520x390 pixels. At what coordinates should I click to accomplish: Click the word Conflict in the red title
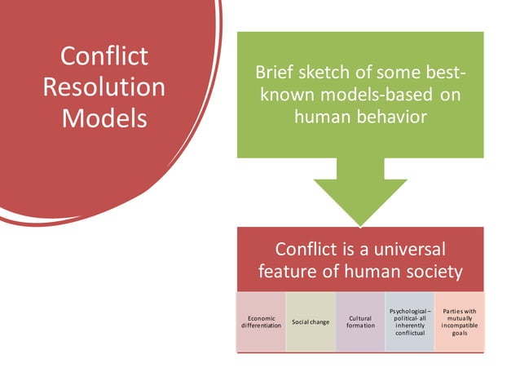pos(104,56)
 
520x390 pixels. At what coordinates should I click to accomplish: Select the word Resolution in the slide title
pos(104,86)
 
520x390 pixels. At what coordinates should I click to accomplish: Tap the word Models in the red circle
pos(104,117)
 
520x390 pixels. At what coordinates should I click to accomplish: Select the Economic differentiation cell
pos(261,321)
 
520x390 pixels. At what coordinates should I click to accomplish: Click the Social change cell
pos(311,321)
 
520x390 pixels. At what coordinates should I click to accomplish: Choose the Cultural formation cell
pos(360,321)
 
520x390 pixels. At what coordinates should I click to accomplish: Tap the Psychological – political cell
pos(409,321)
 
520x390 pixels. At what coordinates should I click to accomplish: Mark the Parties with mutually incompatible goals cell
pos(459,321)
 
